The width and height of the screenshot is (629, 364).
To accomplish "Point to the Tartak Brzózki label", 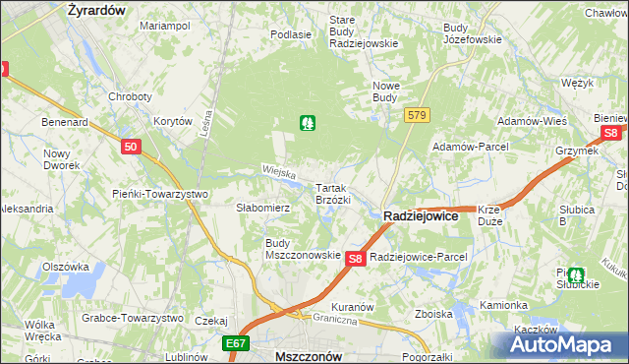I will pyautogui.click(x=332, y=193).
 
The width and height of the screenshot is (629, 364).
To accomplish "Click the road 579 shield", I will pyautogui.click(x=417, y=116).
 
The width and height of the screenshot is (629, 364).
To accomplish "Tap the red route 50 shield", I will pyautogui.click(x=132, y=147).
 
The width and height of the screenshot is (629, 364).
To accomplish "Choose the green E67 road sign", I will pyautogui.click(x=235, y=344).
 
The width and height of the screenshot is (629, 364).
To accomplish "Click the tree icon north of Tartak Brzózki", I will pyautogui.click(x=308, y=123).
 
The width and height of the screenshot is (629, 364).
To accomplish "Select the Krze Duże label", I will pyautogui.click(x=489, y=214).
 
